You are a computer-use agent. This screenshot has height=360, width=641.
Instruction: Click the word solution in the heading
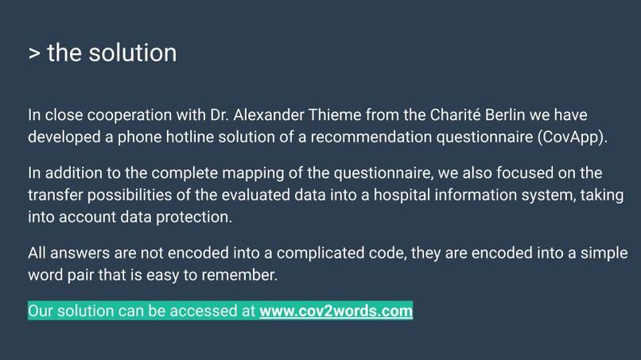click(x=133, y=53)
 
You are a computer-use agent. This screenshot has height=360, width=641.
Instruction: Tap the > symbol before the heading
click(x=34, y=54)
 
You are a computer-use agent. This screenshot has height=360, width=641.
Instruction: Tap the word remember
click(x=238, y=274)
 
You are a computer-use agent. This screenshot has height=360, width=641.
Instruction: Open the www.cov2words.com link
click(x=336, y=312)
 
